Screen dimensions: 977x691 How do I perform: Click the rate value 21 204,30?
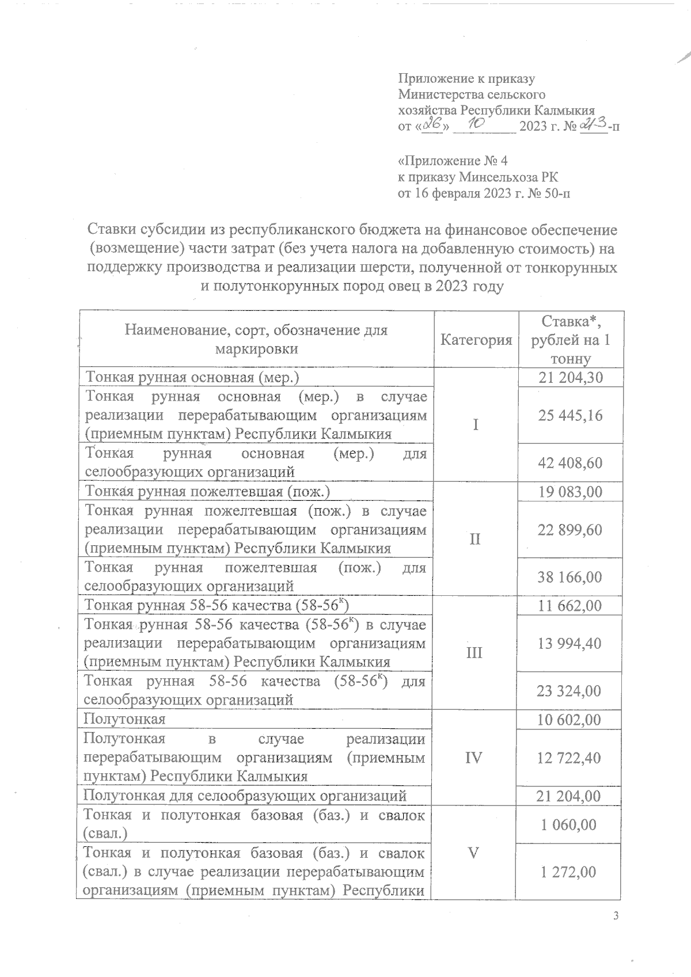tap(569, 378)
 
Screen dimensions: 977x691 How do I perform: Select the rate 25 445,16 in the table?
tap(569, 415)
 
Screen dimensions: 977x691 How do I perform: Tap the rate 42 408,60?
tap(569, 463)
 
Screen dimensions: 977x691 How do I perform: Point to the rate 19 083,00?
tap(569, 492)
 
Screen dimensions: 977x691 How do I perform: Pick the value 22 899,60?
tap(569, 530)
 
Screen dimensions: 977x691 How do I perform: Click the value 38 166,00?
tap(569, 577)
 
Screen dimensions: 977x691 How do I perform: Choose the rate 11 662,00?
tap(569, 606)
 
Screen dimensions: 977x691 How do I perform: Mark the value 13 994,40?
tap(569, 643)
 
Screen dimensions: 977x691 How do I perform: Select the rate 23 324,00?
tap(569, 691)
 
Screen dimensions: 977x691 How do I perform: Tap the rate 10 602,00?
tap(569, 720)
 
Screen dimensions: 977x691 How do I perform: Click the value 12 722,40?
tap(569, 758)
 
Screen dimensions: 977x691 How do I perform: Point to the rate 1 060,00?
tap(569, 824)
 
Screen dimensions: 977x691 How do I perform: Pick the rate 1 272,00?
tap(569, 872)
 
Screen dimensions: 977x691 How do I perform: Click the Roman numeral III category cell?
tap(474, 653)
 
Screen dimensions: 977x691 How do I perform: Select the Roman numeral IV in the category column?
tap(474, 758)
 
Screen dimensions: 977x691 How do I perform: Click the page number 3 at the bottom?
tap(616, 917)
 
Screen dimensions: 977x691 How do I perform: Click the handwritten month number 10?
tap(476, 123)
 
